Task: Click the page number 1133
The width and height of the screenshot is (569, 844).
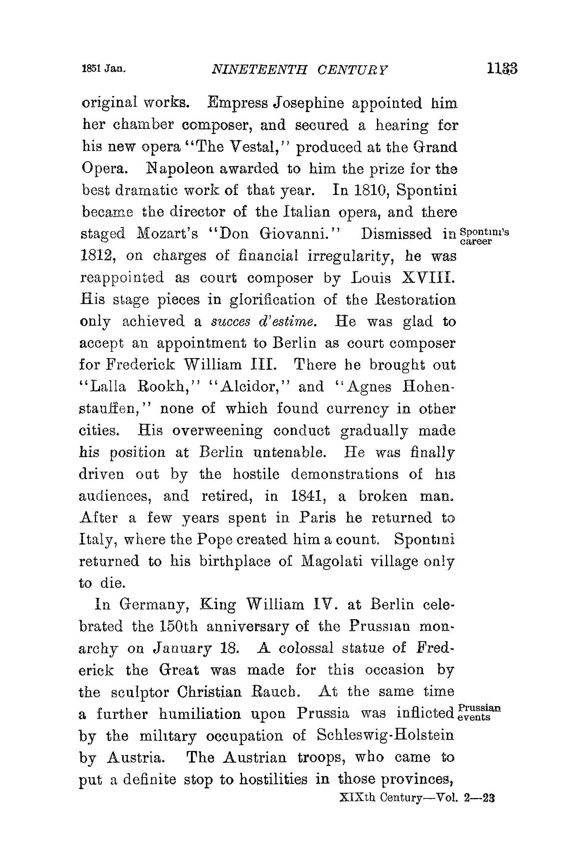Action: click(x=502, y=69)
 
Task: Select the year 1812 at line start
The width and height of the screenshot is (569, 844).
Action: click(x=96, y=256)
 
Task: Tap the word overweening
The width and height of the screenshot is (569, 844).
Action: click(x=217, y=431)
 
